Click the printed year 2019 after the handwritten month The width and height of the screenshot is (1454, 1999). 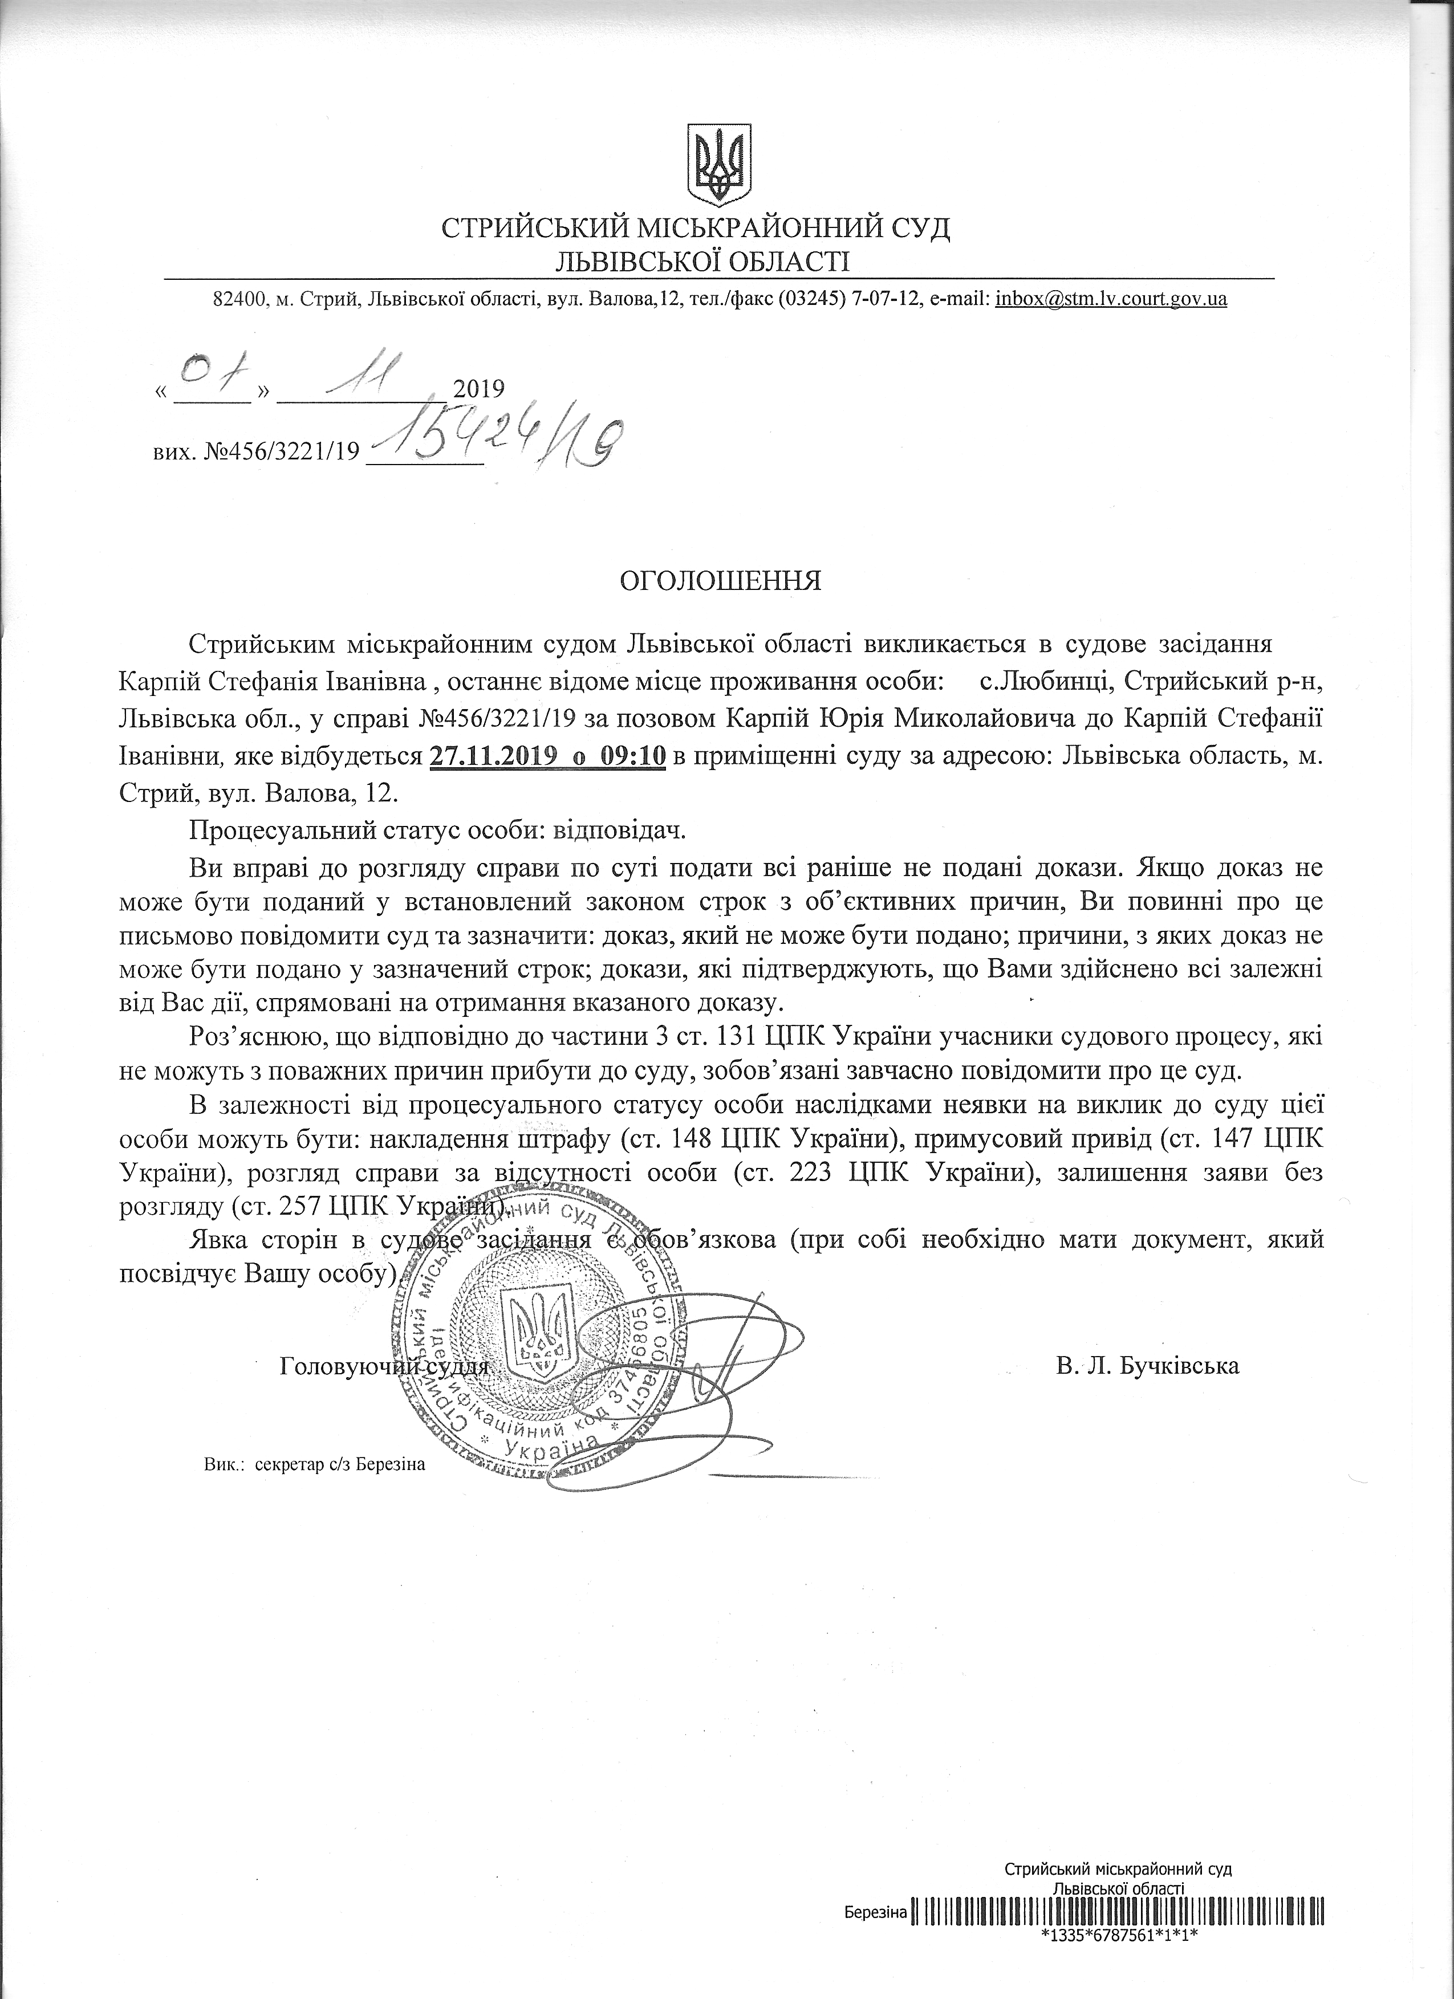point(477,389)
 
